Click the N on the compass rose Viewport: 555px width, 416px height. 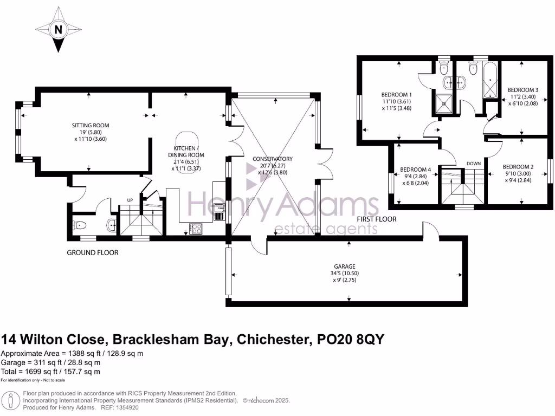click(x=57, y=30)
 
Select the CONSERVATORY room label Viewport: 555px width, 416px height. click(x=273, y=159)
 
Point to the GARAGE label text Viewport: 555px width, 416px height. click(x=344, y=266)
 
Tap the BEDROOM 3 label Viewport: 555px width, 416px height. click(x=522, y=90)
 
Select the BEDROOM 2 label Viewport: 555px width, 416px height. click(x=518, y=166)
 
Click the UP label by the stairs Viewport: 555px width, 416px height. click(x=130, y=200)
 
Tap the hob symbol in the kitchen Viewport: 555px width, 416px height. click(x=195, y=229)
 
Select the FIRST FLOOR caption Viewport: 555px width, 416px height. click(x=376, y=219)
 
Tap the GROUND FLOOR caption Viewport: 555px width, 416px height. click(x=92, y=252)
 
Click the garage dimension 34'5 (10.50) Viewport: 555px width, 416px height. click(x=344, y=274)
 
